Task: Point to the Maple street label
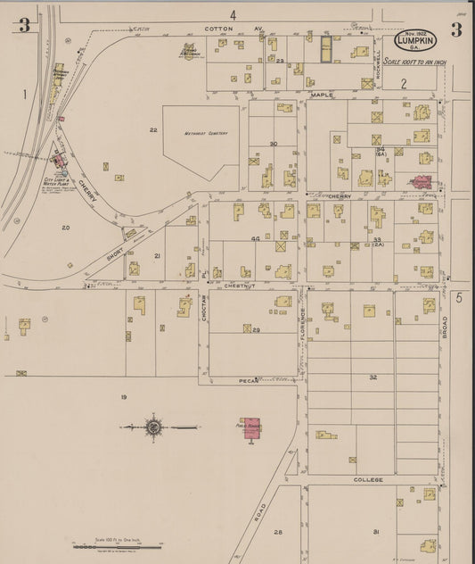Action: [322, 94]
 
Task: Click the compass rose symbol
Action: [153, 427]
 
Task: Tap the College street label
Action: [368, 479]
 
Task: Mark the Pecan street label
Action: [248, 381]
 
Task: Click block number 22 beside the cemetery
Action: [153, 130]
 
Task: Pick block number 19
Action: [125, 395]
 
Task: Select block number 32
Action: [373, 378]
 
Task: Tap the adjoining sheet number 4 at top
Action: [233, 14]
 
